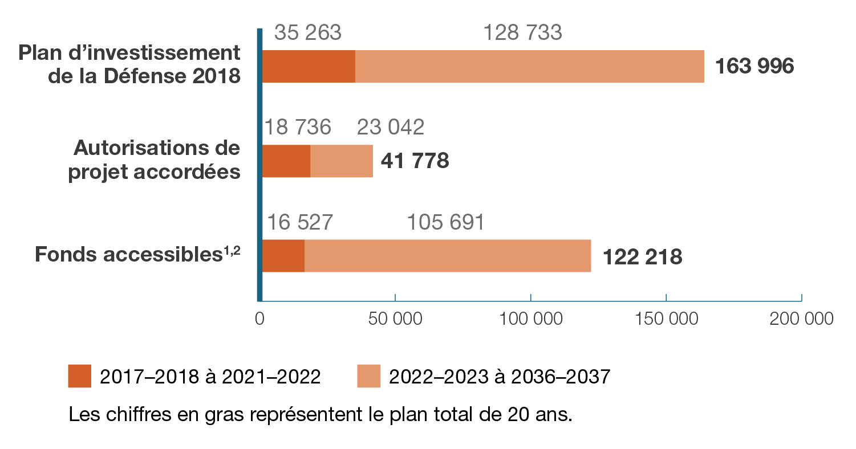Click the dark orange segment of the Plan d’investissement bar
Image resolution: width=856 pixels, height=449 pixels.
coord(309,67)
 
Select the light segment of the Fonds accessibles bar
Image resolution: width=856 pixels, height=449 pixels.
coord(448,256)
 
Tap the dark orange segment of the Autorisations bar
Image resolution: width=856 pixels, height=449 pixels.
coord(286,161)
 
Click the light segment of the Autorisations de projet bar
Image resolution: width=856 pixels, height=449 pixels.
coord(342,161)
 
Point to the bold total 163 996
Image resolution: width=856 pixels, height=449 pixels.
coord(754,67)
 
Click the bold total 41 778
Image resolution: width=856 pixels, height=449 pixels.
coord(416,161)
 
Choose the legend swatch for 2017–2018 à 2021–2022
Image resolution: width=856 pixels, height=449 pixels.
coord(79,377)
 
